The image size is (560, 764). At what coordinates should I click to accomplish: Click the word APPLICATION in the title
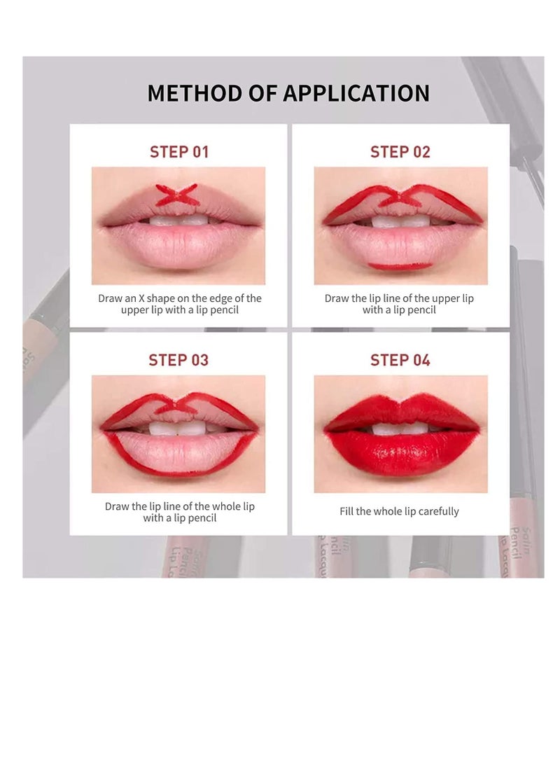tap(356, 93)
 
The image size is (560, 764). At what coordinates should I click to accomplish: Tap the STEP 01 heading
tap(178, 152)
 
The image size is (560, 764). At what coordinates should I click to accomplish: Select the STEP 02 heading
tap(400, 152)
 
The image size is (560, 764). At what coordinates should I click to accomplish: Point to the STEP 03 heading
tap(178, 360)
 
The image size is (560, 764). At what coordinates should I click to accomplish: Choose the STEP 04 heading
tap(400, 360)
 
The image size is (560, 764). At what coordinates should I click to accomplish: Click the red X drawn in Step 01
tap(177, 195)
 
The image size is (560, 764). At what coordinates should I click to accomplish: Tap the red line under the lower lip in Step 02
tap(400, 266)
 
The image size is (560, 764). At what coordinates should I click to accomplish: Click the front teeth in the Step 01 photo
tap(178, 220)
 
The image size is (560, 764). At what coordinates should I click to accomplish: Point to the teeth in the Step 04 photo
tap(400, 429)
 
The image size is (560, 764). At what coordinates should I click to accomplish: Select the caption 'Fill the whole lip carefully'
tap(399, 511)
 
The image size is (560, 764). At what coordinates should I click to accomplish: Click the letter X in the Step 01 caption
tap(142, 298)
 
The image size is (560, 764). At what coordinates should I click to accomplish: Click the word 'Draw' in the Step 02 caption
tap(336, 298)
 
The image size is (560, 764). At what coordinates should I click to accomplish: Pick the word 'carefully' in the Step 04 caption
tap(439, 512)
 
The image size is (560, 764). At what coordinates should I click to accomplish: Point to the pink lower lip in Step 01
tap(179, 246)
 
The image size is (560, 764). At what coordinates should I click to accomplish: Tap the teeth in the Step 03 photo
tap(178, 429)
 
